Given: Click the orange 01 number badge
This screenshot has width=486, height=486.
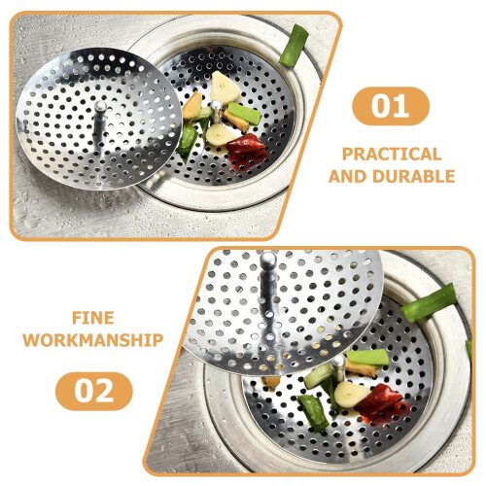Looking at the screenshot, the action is pyautogui.click(x=391, y=106).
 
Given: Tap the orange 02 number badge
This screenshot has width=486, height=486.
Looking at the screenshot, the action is pyautogui.click(x=94, y=391).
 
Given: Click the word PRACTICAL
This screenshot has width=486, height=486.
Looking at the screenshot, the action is pyautogui.click(x=392, y=155).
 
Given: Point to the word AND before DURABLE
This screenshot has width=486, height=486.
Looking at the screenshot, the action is pyautogui.click(x=348, y=177).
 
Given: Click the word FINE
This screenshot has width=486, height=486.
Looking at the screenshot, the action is pyautogui.click(x=93, y=318).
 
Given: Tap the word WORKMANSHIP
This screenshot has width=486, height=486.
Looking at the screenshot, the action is pyautogui.click(x=93, y=340).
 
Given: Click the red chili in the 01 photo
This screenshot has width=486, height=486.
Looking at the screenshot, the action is pyautogui.click(x=247, y=152).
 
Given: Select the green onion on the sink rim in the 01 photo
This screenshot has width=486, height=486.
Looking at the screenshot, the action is pyautogui.click(x=294, y=46).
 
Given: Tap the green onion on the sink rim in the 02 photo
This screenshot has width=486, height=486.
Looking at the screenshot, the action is pyautogui.click(x=429, y=302).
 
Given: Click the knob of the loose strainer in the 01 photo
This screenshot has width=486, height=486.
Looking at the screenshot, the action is pyautogui.click(x=100, y=107).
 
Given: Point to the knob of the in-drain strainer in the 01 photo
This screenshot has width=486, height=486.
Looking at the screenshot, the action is pyautogui.click(x=216, y=106).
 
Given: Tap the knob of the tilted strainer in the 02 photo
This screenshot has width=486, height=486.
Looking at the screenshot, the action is pyautogui.click(x=268, y=260).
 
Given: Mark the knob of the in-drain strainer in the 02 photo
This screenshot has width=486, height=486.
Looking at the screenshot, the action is pyautogui.click(x=338, y=362).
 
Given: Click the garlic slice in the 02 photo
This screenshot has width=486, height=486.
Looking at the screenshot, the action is pyautogui.click(x=350, y=394).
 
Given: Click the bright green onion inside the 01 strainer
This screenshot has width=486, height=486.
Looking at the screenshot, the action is pyautogui.click(x=245, y=113).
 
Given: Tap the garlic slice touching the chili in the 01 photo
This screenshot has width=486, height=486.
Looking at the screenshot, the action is pyautogui.click(x=220, y=134).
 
